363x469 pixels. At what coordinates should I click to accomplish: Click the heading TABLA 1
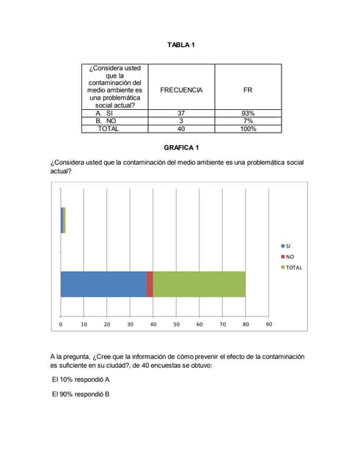click(x=181, y=45)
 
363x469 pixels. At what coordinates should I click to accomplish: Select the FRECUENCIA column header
click(x=181, y=89)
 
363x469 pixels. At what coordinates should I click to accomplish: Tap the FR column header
click(x=248, y=89)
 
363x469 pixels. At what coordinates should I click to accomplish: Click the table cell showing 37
click(x=181, y=114)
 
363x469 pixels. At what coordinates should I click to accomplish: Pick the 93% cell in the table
click(x=248, y=114)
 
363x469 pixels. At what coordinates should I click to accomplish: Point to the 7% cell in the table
click(x=248, y=121)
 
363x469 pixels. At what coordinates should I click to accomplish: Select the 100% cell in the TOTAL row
click(x=248, y=128)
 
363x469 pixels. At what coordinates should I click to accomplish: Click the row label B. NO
click(x=106, y=121)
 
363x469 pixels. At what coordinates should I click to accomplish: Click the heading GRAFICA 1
click(x=181, y=148)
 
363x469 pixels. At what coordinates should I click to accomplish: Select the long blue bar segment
click(x=103, y=284)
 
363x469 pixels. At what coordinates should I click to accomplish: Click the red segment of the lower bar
click(x=150, y=284)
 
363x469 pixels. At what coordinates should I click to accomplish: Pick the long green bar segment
click(x=199, y=284)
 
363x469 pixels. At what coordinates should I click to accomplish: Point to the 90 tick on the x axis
click(x=268, y=323)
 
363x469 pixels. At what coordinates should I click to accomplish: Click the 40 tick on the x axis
click(x=153, y=323)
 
